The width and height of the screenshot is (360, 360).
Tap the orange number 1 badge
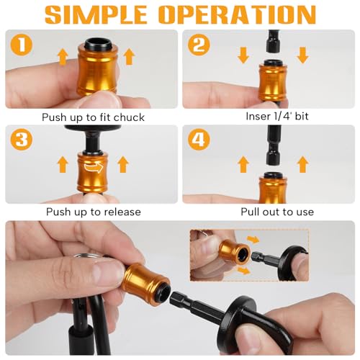(x=22, y=46)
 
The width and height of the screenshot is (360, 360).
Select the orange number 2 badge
(x=199, y=46)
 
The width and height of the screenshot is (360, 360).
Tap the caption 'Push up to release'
(x=93, y=212)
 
